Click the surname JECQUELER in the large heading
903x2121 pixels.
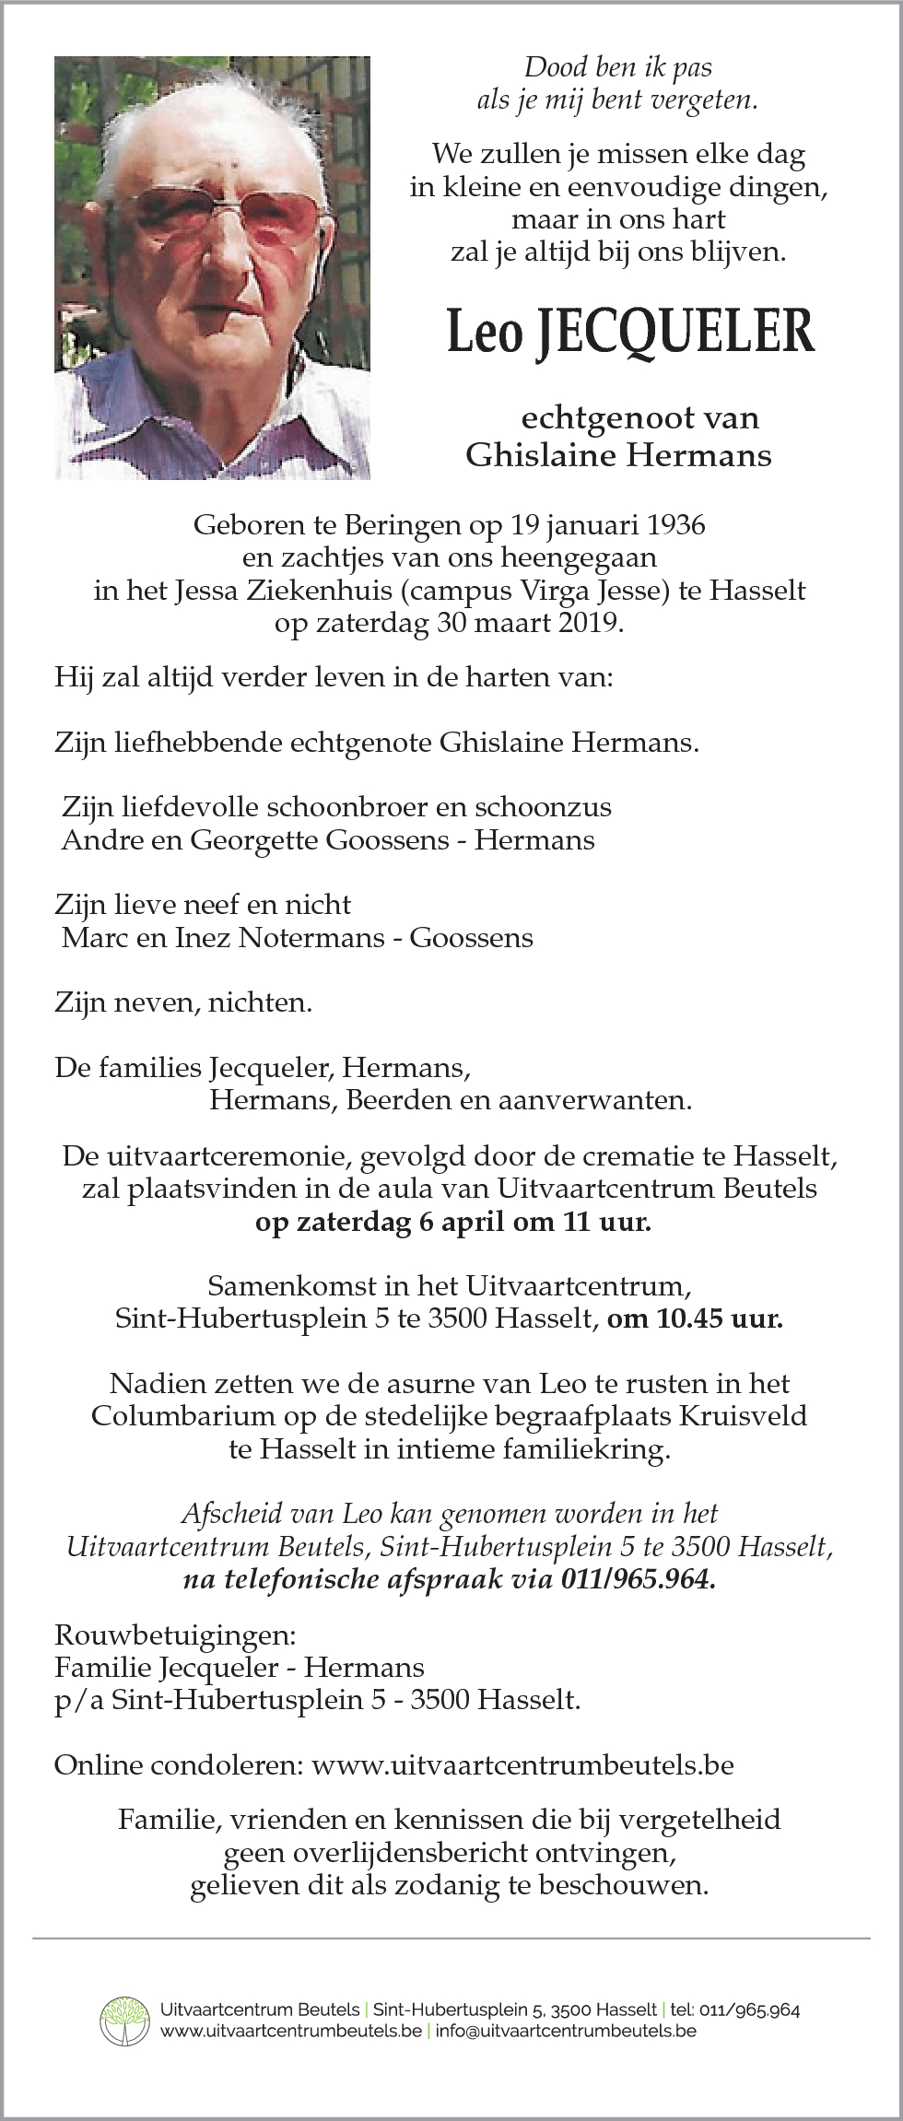(x=675, y=333)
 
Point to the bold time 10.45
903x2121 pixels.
(x=689, y=1318)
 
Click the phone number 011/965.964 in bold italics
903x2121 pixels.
(x=638, y=1579)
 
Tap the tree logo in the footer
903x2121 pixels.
(x=124, y=2021)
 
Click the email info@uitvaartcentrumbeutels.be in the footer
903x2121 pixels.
(x=566, y=2031)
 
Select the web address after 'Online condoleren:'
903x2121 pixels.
(x=522, y=1765)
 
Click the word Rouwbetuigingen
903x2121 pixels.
(x=175, y=1635)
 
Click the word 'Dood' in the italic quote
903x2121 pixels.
(x=557, y=67)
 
